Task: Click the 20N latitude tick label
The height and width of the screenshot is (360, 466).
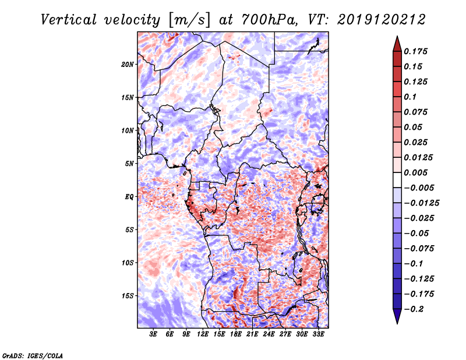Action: tap(128, 65)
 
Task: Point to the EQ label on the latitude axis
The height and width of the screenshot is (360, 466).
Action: tap(129, 197)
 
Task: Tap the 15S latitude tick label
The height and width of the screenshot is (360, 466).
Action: tap(128, 296)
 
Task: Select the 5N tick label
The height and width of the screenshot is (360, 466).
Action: tap(129, 164)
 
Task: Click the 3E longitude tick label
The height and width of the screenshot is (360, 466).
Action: tap(153, 334)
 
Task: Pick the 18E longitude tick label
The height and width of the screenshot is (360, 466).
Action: tap(236, 334)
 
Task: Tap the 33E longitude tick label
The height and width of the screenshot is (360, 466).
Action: tap(318, 334)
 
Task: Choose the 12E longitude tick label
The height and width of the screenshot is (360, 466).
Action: tap(203, 334)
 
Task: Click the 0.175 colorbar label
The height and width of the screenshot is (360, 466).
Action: tap(415, 51)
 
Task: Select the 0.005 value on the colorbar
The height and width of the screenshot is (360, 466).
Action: tap(415, 172)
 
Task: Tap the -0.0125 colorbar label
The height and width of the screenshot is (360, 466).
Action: tap(421, 203)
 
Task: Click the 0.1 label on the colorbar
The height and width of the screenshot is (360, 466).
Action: tap(410, 97)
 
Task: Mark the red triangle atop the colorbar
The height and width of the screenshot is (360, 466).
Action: tap(397, 44)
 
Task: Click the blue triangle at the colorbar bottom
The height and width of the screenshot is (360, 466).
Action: tap(397, 316)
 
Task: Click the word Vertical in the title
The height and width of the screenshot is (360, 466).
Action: tap(69, 20)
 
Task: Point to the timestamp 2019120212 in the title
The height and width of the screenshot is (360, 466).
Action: tap(382, 20)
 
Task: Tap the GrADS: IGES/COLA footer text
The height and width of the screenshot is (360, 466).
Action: tap(33, 355)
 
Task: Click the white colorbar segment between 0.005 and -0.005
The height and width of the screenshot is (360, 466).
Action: tap(397, 180)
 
